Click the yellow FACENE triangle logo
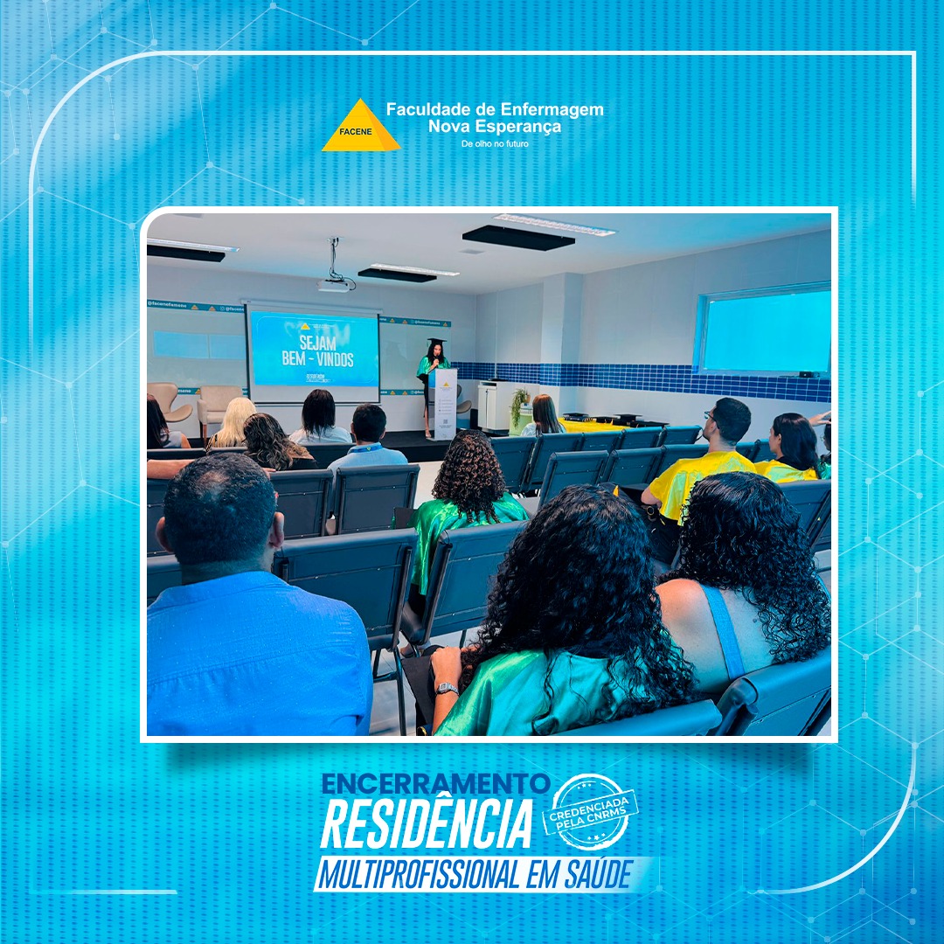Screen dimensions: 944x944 360,128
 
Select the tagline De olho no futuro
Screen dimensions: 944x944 495,143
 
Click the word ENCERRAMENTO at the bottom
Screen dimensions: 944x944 435,784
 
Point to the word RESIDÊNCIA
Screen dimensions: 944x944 427,824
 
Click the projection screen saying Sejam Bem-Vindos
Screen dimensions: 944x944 314,349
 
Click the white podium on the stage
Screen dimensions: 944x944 445,403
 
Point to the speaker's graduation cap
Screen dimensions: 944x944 434,343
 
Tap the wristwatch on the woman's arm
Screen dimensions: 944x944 447,689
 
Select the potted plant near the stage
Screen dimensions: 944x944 520,407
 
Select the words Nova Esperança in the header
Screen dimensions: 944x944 495,126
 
